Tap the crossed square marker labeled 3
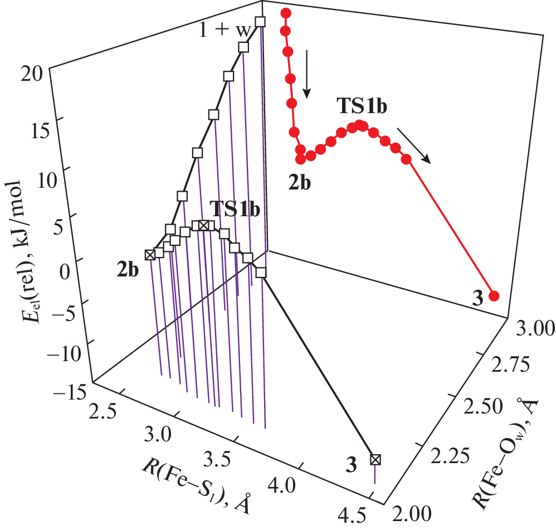[x=375, y=459]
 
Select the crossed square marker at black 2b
[x=149, y=255]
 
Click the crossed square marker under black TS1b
[x=204, y=225]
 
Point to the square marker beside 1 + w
[x=261, y=22]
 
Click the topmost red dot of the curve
[x=285, y=13]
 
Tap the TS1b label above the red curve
[x=361, y=106]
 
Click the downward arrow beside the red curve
[x=306, y=75]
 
